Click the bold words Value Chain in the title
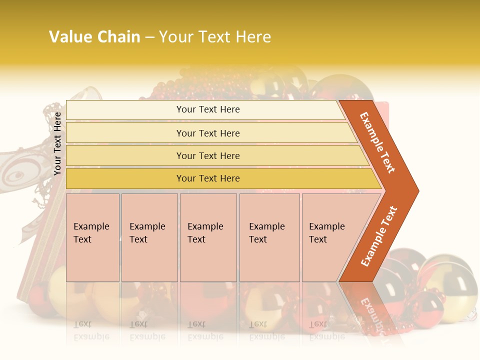tap(94, 37)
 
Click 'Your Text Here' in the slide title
tap(215, 37)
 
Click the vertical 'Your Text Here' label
tap(57, 143)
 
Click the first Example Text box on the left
tap(92, 237)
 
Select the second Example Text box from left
tap(149, 237)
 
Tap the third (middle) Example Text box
tap(208, 237)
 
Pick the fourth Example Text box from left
tap(269, 237)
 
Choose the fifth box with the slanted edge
tap(330, 237)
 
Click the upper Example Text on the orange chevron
tap(377, 142)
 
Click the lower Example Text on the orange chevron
tap(379, 236)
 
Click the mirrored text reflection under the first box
tap(91, 330)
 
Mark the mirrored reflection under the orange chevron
tap(372, 310)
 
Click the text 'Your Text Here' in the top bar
tap(208, 109)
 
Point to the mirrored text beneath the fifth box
tap(326, 330)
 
